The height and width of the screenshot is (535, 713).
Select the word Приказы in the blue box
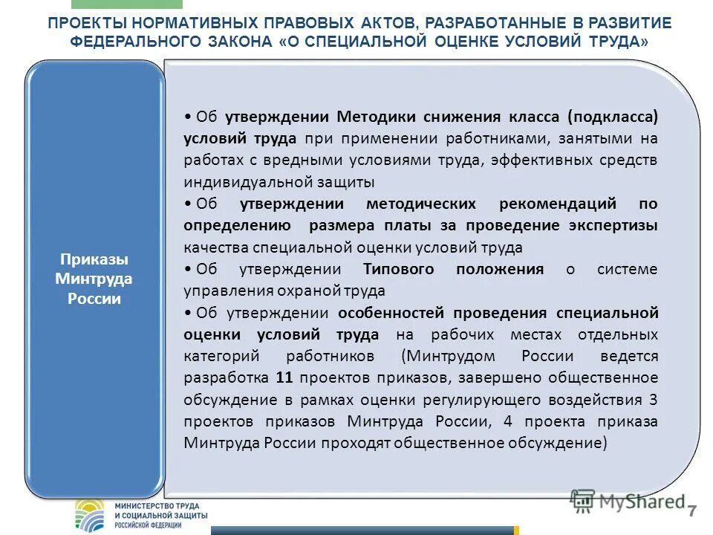point(94,260)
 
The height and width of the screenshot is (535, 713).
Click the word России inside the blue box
point(94,299)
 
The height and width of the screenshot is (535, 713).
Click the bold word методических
point(422,204)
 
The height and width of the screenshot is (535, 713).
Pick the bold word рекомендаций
point(564,204)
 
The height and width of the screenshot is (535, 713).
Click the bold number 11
point(283,377)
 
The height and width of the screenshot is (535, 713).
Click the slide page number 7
point(692,510)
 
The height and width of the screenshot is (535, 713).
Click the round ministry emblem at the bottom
point(91,514)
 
